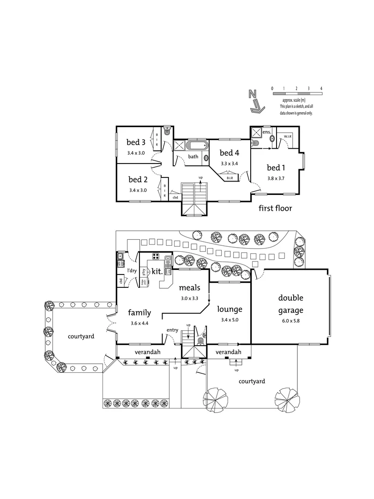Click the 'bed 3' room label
click(x=137, y=142)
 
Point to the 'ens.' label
click(x=267, y=132)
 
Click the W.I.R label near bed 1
click(x=287, y=136)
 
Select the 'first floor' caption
click(x=275, y=208)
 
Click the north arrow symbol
click(x=254, y=101)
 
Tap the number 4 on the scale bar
click(x=321, y=88)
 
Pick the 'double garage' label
click(x=290, y=302)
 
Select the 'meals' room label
click(x=189, y=288)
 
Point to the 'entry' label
click(x=172, y=329)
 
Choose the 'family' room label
click(x=139, y=313)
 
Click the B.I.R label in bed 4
click(x=229, y=177)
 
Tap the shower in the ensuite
click(x=256, y=133)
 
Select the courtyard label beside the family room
click(x=81, y=336)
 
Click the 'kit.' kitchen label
click(x=157, y=272)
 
